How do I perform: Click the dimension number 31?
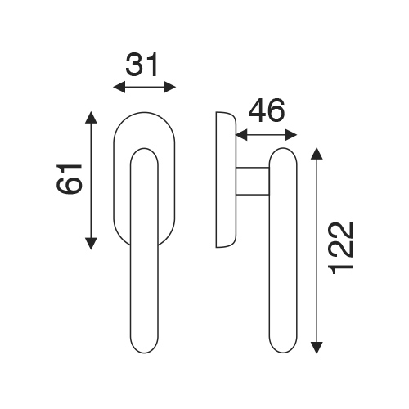coord(142,65)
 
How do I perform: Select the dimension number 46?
coord(267,110)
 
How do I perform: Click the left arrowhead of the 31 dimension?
coord(119,88)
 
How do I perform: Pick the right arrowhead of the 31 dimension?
coord(169,88)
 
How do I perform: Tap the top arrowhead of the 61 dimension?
coord(91,117)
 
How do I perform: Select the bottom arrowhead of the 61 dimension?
coord(91,244)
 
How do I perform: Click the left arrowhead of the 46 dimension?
coord(241,135)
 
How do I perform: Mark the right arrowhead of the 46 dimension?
coord(291,135)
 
